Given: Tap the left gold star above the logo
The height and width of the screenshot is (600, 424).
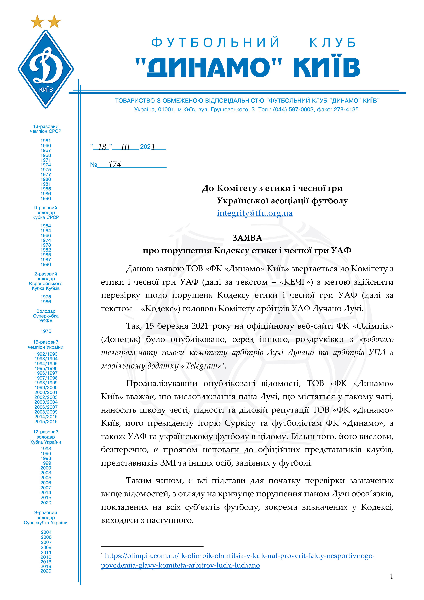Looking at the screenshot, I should [x=37, y=22].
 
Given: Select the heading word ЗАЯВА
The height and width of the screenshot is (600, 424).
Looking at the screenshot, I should [x=247, y=238].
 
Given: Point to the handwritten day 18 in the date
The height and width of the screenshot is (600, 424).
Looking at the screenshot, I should [x=102, y=147].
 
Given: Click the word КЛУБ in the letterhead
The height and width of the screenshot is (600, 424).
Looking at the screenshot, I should [x=333, y=43].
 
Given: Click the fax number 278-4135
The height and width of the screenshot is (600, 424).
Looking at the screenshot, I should [x=346, y=109].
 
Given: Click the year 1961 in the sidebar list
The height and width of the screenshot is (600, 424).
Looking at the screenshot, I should [x=46, y=141].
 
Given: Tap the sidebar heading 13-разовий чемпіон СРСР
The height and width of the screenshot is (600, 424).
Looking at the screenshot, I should [x=46, y=129].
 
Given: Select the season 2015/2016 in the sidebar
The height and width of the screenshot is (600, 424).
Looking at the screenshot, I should [x=46, y=421].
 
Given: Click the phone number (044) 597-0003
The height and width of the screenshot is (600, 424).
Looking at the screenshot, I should [x=293, y=109].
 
